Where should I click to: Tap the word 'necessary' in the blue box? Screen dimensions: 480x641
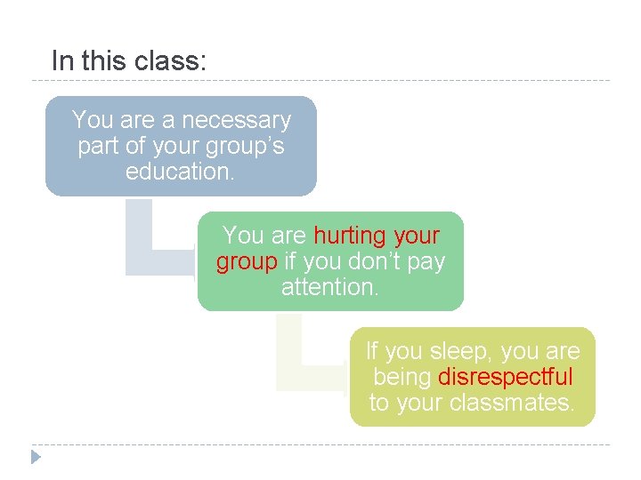click(236, 120)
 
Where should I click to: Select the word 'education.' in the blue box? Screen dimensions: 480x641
click(181, 172)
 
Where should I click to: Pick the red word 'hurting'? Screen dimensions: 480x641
click(349, 236)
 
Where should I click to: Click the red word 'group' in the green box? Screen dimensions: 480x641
click(247, 262)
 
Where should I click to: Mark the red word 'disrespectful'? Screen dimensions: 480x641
click(506, 377)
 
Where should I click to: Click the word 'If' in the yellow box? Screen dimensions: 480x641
click(372, 351)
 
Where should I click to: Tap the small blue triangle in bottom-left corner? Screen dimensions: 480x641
click(36, 458)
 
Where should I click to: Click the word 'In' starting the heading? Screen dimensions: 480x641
click(61, 60)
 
